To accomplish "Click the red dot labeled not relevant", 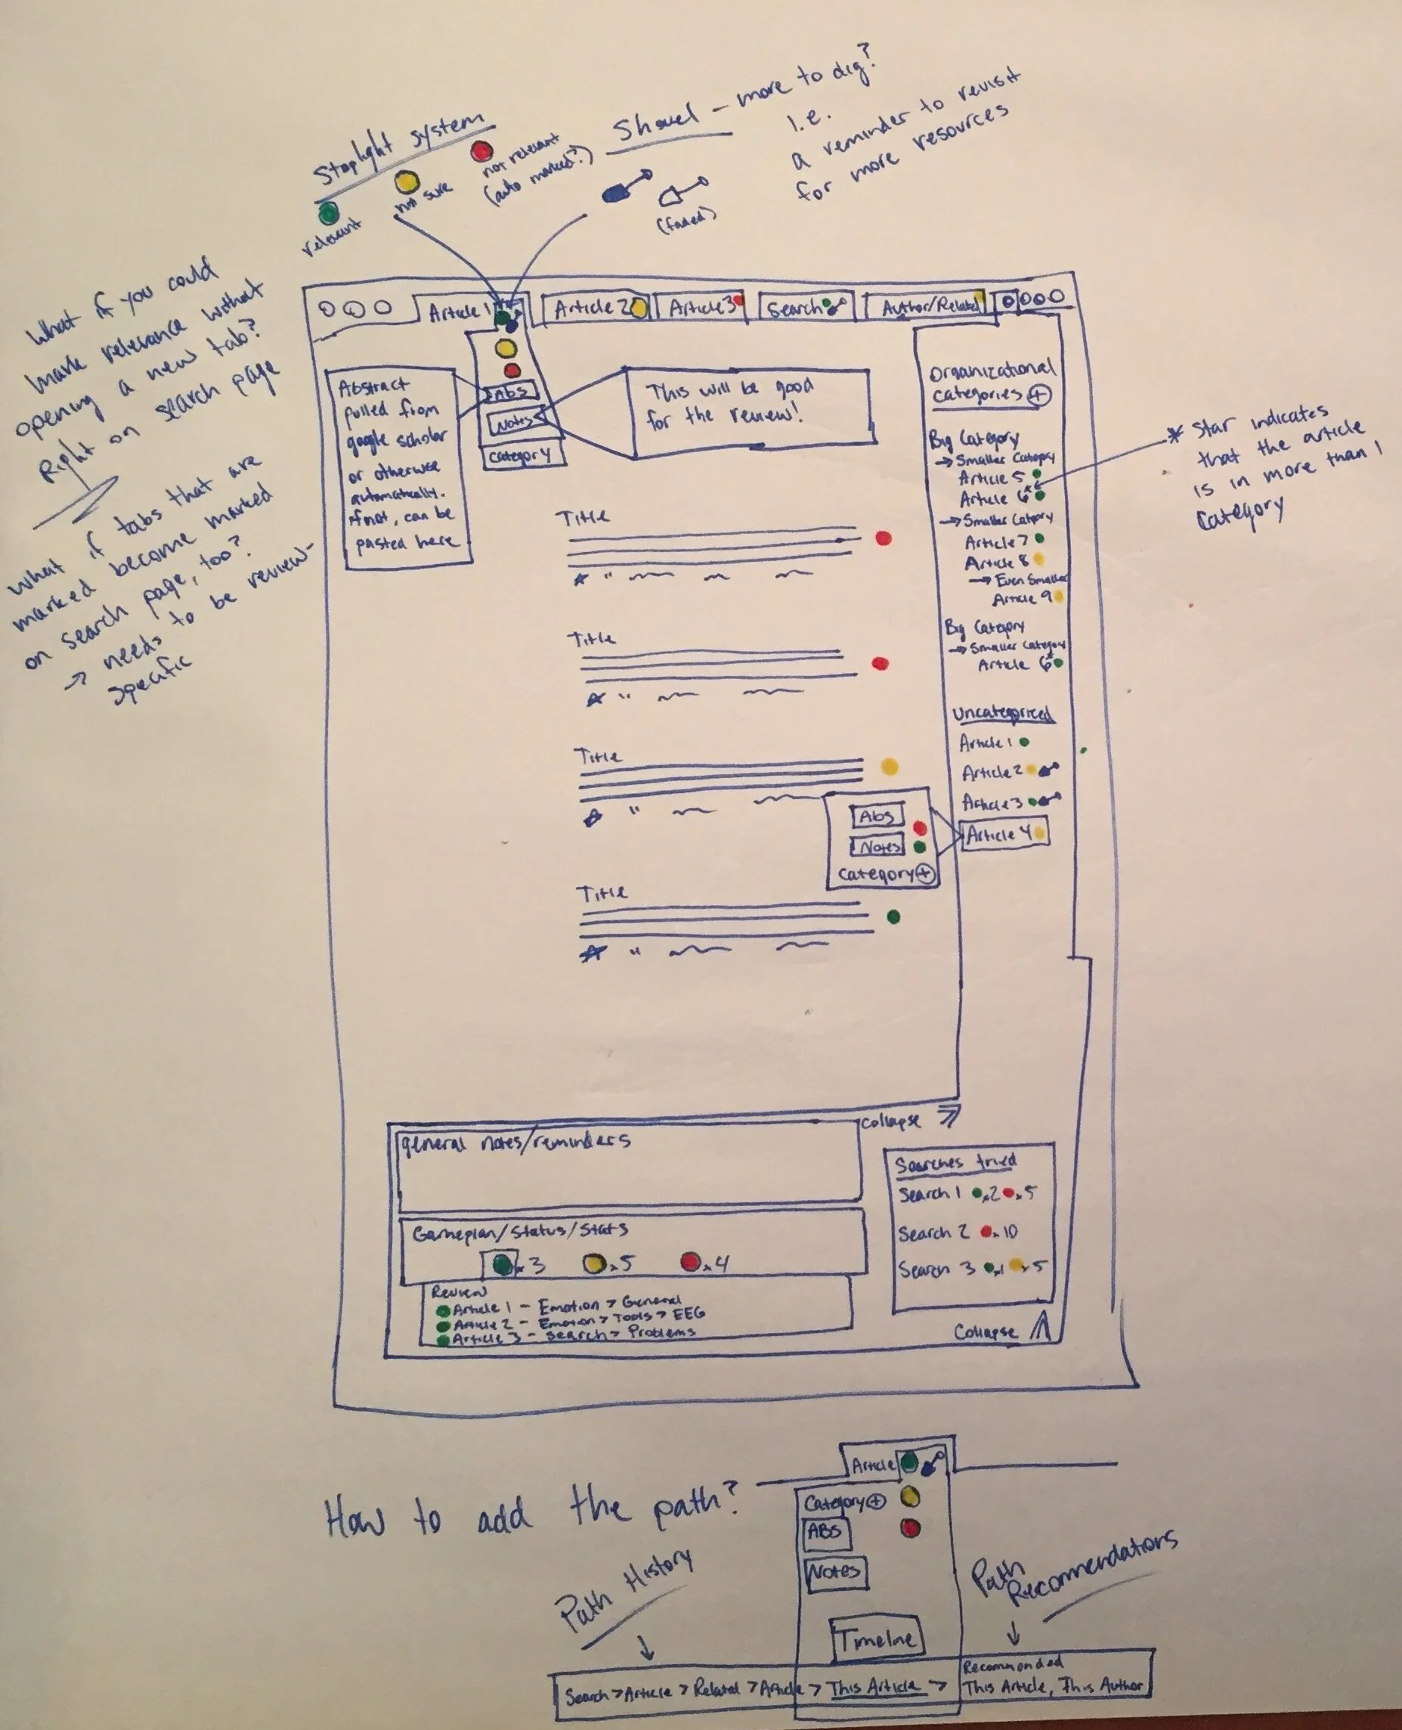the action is [482, 151].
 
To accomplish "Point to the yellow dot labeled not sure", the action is [406, 183].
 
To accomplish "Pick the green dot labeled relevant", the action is [328, 213].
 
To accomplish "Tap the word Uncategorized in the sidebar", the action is [1002, 714].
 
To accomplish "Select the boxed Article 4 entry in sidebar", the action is [1004, 834].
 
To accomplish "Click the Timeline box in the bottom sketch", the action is [876, 1638].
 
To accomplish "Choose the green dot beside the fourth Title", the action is [893, 916].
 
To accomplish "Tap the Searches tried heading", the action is [955, 1163].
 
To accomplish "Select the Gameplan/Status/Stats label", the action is [520, 1232].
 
